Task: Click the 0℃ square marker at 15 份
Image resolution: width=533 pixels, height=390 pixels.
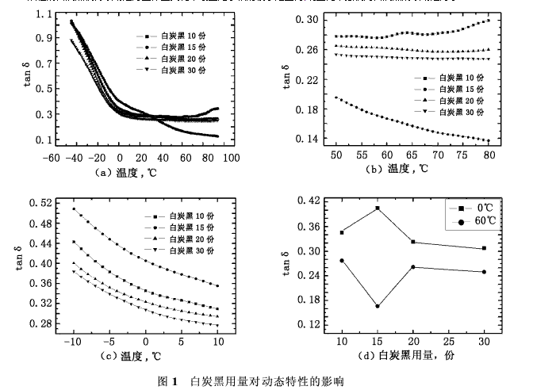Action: (x=378, y=208)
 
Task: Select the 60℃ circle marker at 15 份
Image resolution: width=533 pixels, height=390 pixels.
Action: (x=378, y=306)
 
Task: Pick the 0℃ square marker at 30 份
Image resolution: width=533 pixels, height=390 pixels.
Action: (x=484, y=248)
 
